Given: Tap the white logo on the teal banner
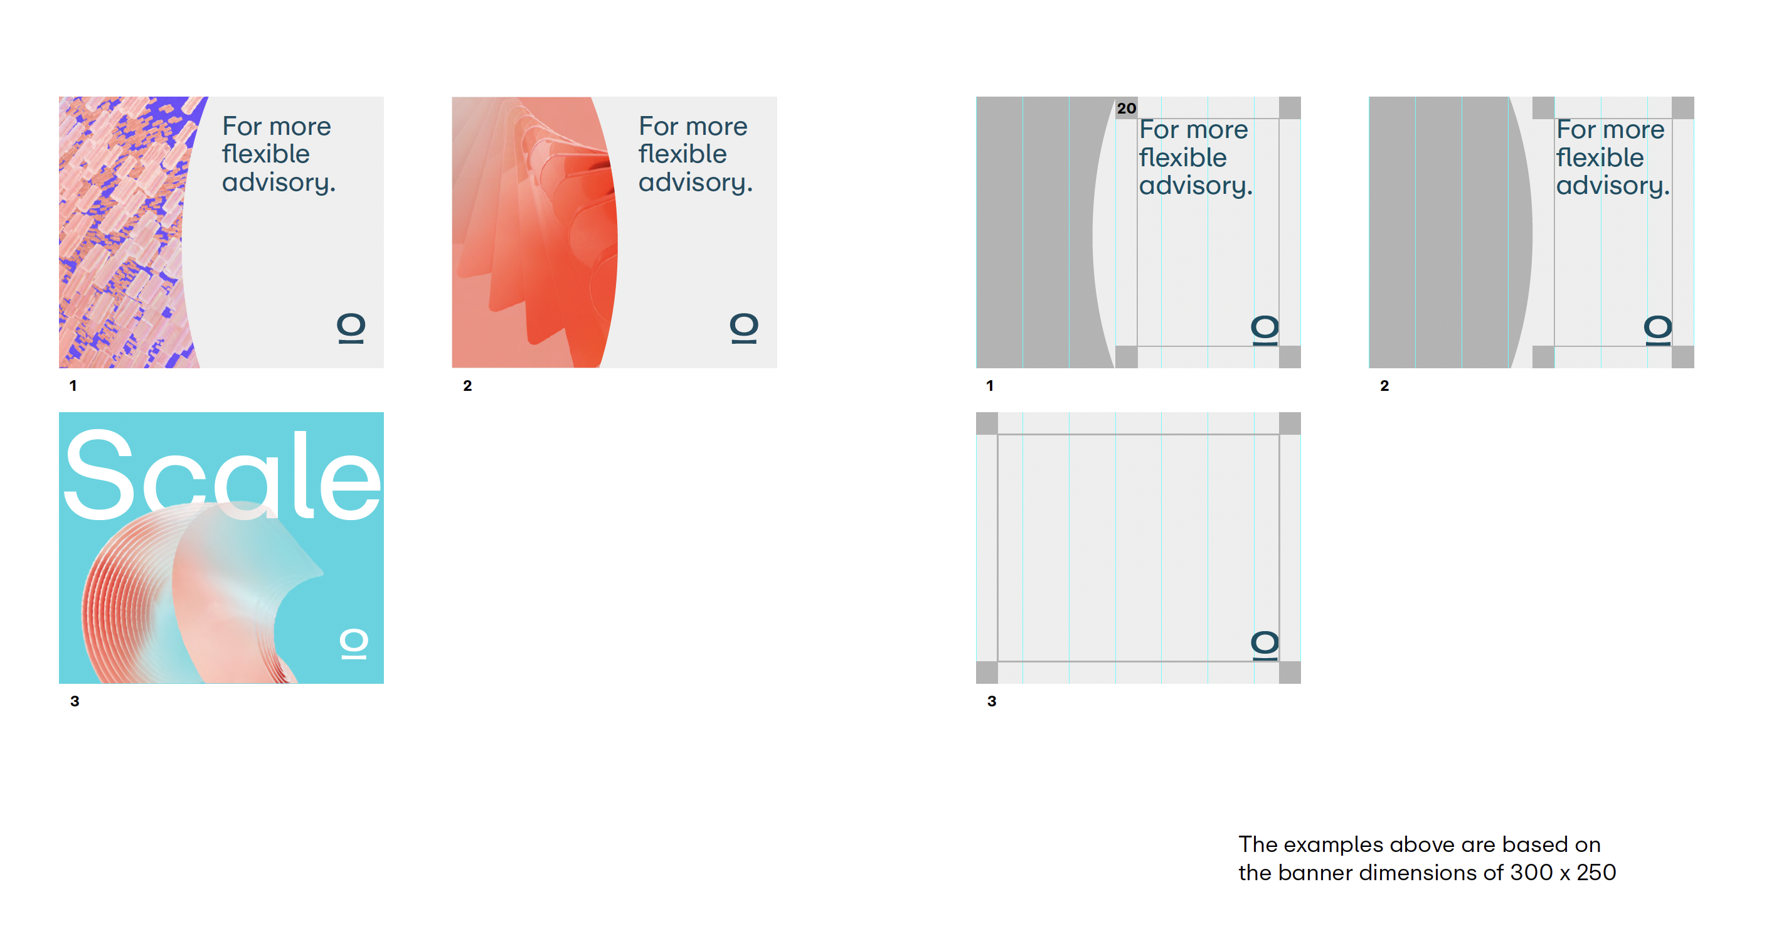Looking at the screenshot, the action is click(354, 644).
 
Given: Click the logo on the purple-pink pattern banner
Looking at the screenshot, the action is click(351, 328).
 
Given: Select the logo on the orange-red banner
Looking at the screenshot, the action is click(744, 328).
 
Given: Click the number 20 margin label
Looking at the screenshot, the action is click(1127, 109).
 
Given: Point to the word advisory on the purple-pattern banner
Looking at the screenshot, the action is click(278, 183).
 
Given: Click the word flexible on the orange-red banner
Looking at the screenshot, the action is click(682, 154).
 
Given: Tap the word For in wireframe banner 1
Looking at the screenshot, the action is click(1159, 130).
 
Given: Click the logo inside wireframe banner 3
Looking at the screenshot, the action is click(1265, 645).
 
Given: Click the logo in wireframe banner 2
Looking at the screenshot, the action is click(1657, 330).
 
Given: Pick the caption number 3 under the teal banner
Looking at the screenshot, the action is click(75, 701).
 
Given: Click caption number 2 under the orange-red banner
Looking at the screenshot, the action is click(467, 385).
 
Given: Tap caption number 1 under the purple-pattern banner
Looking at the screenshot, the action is click(73, 385).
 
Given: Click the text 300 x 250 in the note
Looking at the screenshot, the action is click(1563, 872).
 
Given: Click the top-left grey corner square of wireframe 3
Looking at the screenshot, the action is click(987, 423).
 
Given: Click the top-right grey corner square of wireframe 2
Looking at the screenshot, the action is click(1683, 108).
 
